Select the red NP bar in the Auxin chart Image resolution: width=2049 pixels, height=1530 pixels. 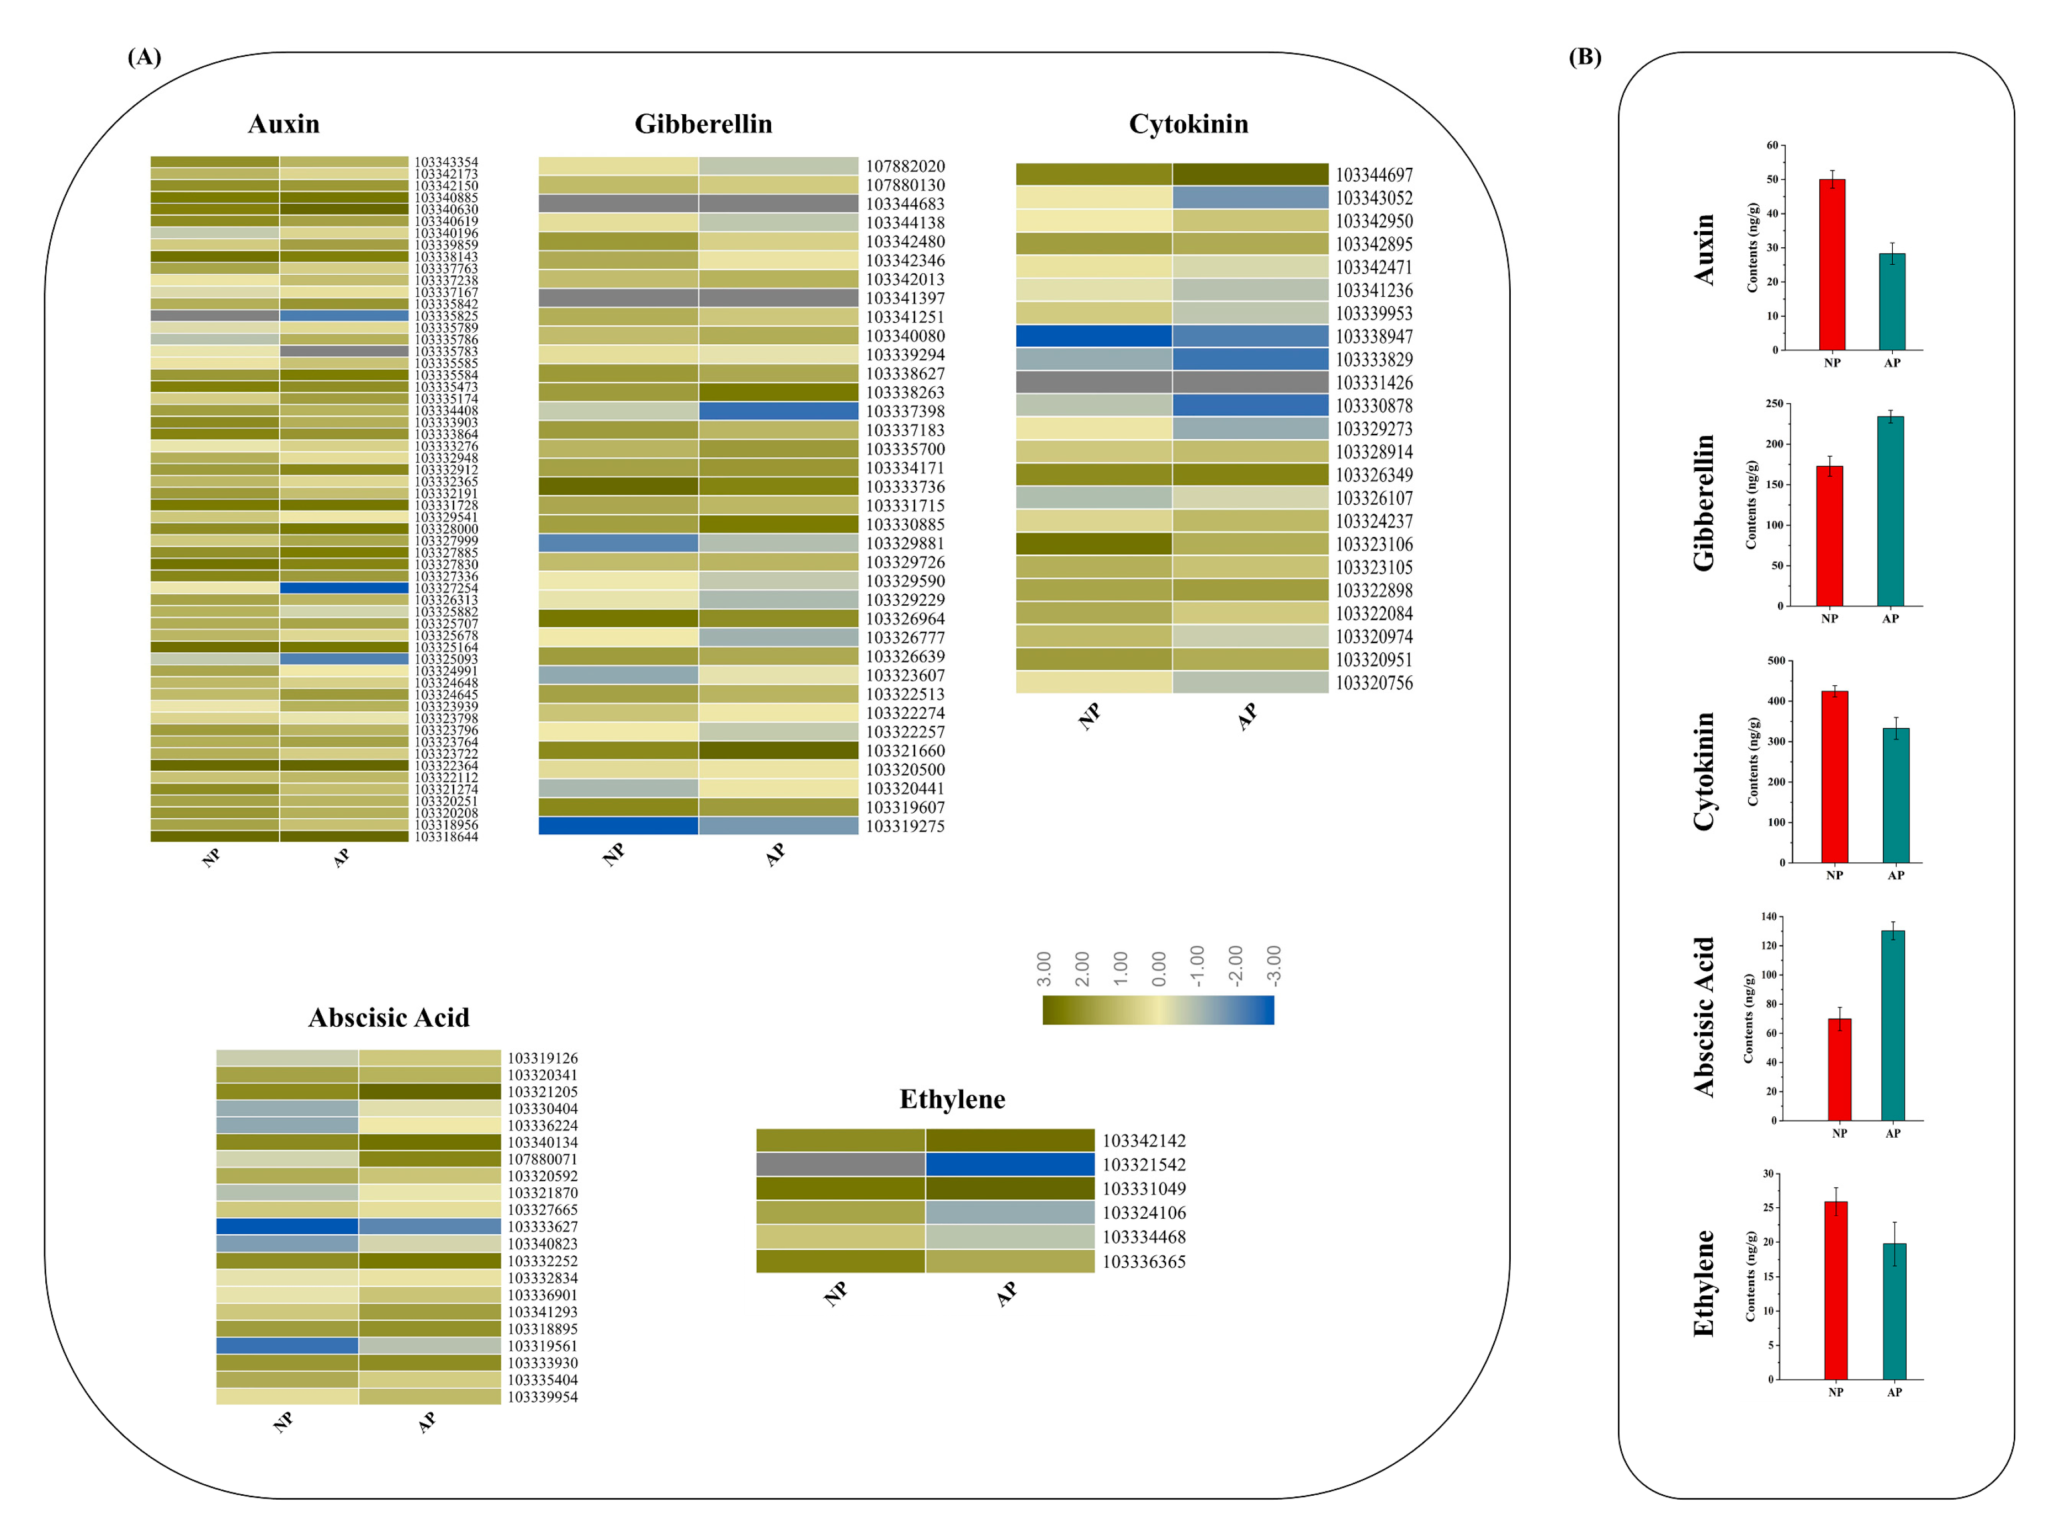pos(1832,264)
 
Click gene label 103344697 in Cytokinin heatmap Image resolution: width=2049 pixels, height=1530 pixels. pos(1374,175)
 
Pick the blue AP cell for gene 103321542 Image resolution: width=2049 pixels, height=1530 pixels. pos(1010,1164)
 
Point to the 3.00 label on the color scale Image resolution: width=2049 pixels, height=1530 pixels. pos(1044,968)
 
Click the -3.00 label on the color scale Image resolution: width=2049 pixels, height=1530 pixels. pos(1273,966)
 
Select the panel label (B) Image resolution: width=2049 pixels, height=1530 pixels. pos(1584,57)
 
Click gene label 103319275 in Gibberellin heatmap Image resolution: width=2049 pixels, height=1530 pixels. pos(905,826)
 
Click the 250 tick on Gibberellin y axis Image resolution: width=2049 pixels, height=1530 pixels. pos(1774,404)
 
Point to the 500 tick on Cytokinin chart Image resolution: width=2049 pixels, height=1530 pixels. pos(1776,660)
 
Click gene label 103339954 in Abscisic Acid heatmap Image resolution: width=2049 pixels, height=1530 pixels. pos(542,1396)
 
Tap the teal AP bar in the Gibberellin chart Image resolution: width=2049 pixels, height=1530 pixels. pos(1889,511)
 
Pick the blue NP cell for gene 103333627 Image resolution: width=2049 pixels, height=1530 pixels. pos(287,1226)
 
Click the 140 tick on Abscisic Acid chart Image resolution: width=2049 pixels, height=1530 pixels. pos(1769,917)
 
